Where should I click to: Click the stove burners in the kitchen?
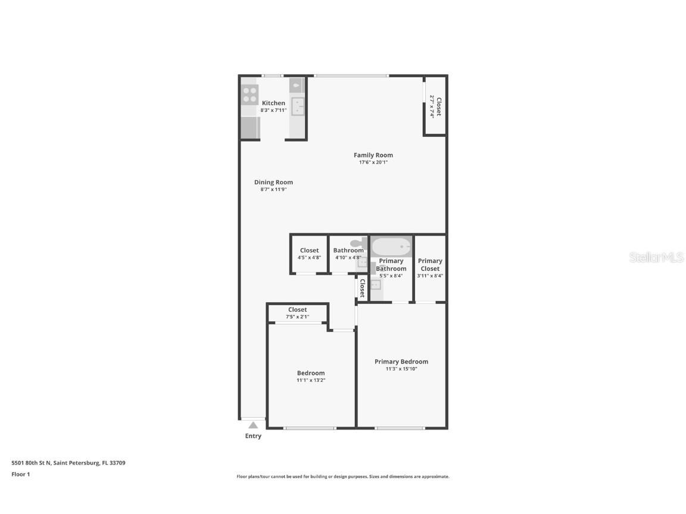point(250,95)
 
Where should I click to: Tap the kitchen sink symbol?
point(297,106)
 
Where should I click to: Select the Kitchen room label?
point(273,103)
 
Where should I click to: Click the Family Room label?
point(373,155)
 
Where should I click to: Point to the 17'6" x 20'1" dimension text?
point(373,162)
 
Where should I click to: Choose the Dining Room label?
point(273,183)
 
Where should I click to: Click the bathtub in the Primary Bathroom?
point(391,246)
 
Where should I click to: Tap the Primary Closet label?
point(430,265)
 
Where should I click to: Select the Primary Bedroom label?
point(401,362)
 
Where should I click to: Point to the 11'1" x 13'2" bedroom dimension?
point(311,380)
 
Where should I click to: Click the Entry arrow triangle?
point(253,425)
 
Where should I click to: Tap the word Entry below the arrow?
point(253,436)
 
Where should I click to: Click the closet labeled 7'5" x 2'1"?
point(297,313)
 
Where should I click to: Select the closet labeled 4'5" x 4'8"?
point(309,254)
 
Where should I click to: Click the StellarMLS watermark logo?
point(656,258)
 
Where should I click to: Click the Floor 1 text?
point(20,474)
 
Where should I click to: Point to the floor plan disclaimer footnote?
point(342,477)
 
